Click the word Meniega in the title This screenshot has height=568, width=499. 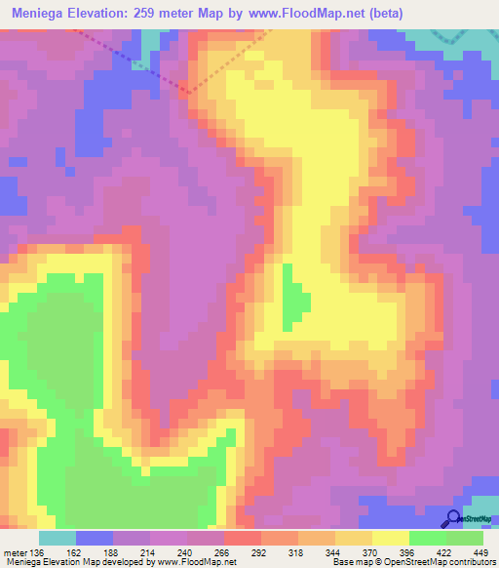pyautogui.click(x=41, y=15)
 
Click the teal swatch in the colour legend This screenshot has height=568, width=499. pyautogui.click(x=58, y=538)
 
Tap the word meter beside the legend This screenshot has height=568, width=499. pyautogui.click(x=14, y=551)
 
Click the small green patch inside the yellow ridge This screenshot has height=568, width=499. pyautogui.click(x=290, y=297)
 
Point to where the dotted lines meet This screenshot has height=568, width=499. pyautogui.click(x=186, y=93)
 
